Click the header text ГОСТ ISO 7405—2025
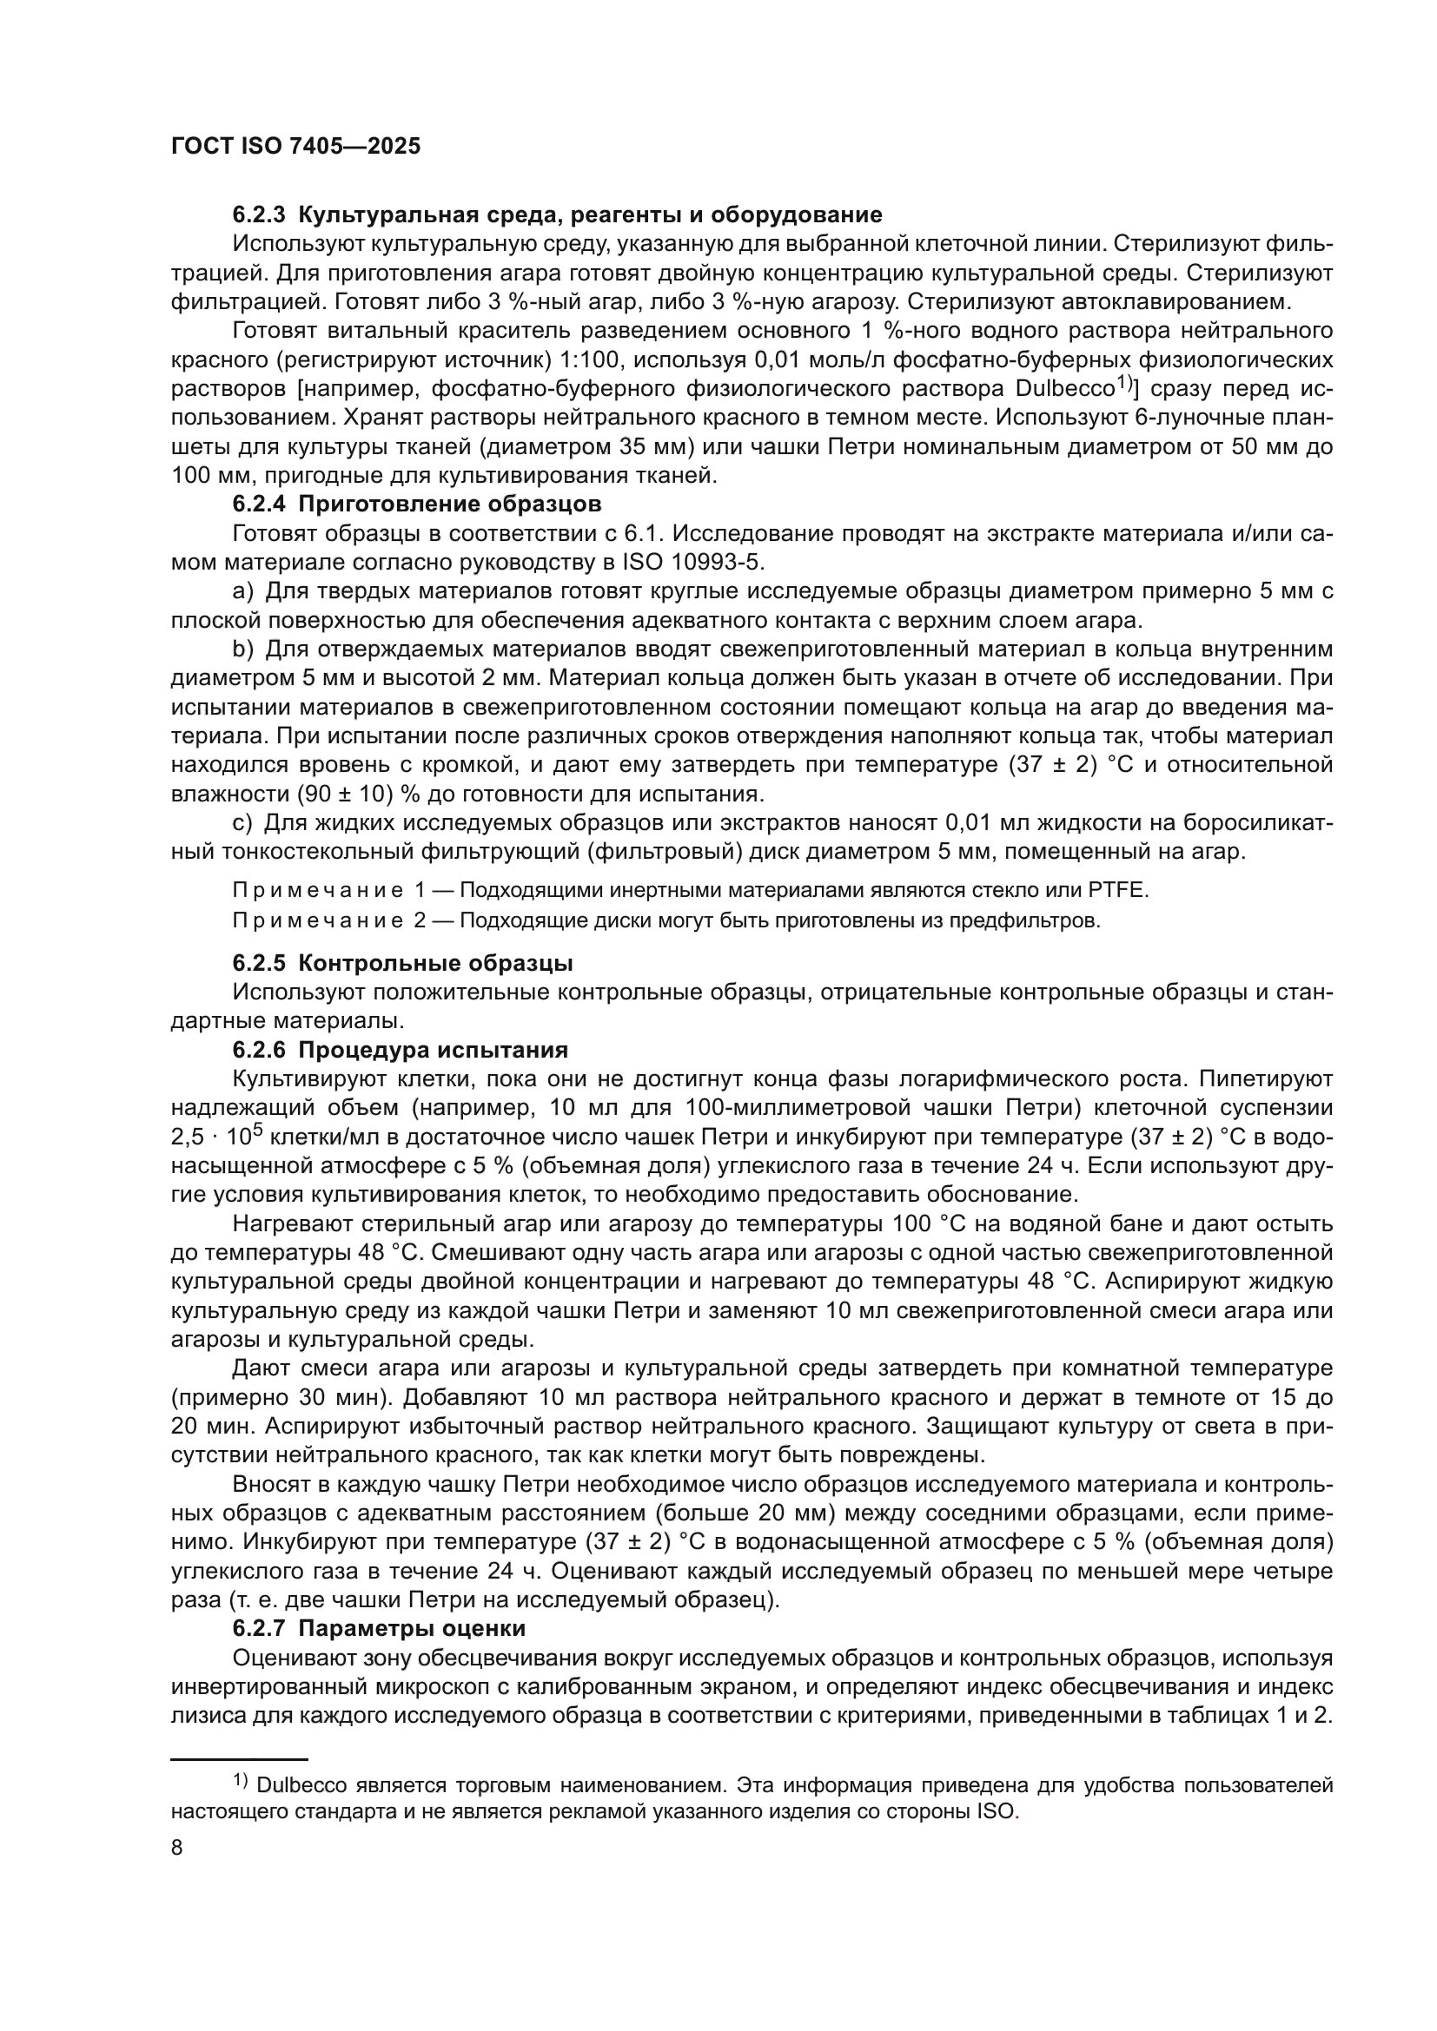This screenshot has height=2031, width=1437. (295, 147)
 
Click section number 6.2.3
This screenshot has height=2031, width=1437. (259, 215)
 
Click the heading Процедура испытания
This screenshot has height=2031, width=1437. (433, 1050)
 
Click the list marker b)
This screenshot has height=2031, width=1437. (242, 650)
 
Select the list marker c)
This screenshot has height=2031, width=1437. (242, 822)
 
